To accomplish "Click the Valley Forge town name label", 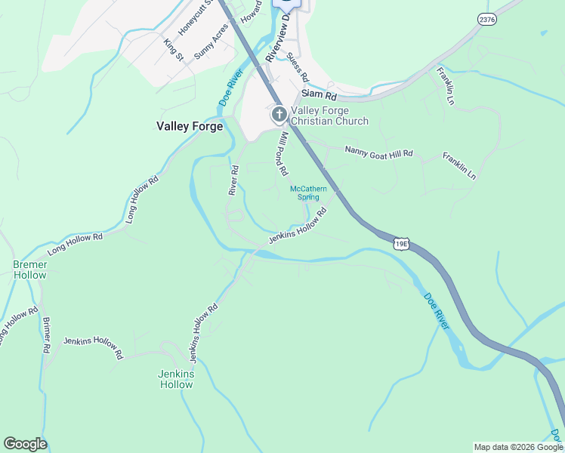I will click(x=189, y=126).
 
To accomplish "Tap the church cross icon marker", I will click(x=279, y=115).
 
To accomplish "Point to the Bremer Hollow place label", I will click(x=29, y=270).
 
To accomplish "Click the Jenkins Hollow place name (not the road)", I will click(x=176, y=379).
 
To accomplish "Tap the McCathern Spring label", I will click(x=307, y=193).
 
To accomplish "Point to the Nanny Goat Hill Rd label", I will click(x=379, y=153).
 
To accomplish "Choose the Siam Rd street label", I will click(x=318, y=95).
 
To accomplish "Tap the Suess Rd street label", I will click(x=298, y=68).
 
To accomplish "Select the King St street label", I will click(x=174, y=50).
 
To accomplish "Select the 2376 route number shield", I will click(x=487, y=20).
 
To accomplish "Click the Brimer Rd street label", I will click(x=46, y=335).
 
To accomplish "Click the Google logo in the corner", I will click(x=25, y=444).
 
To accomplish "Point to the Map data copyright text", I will click(x=517, y=447).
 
